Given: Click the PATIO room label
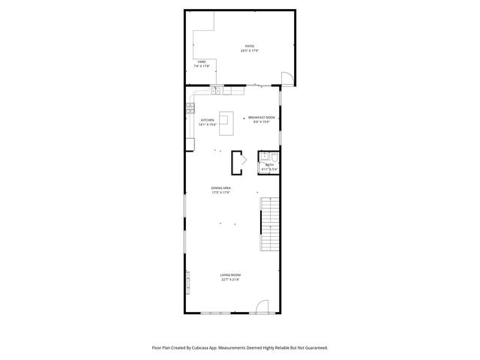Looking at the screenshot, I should (249, 46).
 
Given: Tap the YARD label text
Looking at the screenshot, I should (201, 61).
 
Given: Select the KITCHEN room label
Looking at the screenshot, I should (208, 120).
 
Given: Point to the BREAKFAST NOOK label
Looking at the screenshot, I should (262, 118).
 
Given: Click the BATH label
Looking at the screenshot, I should (269, 165).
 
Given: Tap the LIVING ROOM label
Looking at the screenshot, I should (230, 275).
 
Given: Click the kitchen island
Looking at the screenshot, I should (226, 121).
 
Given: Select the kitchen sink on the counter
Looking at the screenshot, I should (217, 91).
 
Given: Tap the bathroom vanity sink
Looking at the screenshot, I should (264, 157).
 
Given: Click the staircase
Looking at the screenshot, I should (269, 221).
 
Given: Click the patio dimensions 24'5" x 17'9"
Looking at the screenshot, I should (250, 51).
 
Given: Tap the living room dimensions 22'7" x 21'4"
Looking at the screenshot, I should (230, 280).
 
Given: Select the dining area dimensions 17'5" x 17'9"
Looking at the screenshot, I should (220, 192).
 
